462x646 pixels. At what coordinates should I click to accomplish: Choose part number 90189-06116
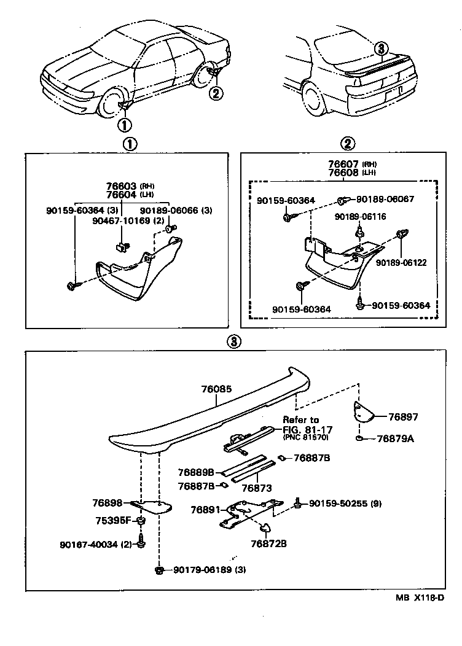tap(360, 217)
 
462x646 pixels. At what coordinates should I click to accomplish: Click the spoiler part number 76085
tap(216, 389)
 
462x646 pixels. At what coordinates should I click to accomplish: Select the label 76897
tap(403, 417)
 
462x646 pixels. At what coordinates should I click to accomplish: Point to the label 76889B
tap(196, 472)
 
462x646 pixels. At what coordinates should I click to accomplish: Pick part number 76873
tap(257, 488)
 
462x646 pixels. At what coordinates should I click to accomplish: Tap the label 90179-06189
tap(200, 570)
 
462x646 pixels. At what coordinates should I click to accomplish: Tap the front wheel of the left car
tap(114, 104)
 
